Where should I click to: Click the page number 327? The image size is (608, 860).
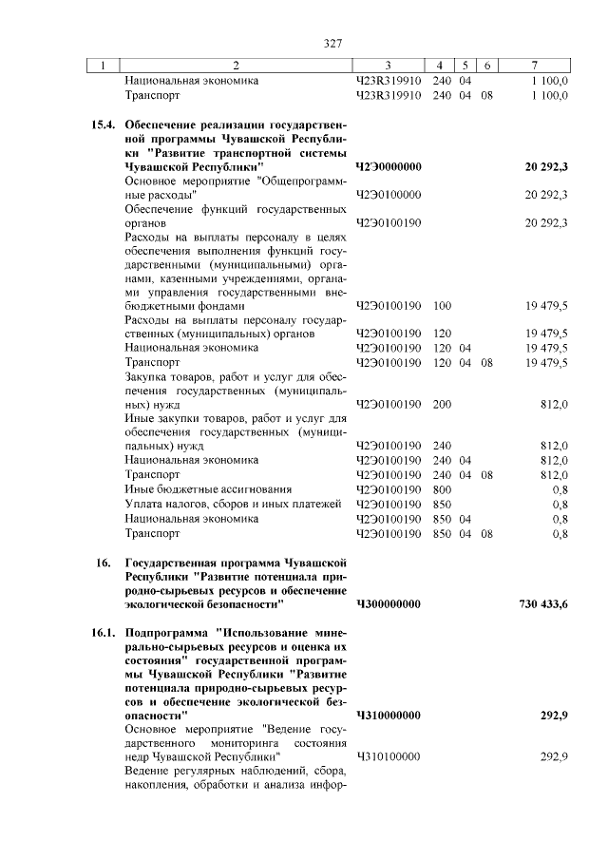[x=332, y=43]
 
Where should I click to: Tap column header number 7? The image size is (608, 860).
[x=535, y=66]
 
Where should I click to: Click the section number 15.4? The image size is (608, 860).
[x=104, y=124]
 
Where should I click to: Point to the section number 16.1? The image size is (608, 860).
[x=104, y=632]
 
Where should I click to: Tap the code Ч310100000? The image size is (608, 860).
[x=388, y=756]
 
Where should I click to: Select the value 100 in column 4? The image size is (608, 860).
[x=442, y=306]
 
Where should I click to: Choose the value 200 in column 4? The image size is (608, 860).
[x=442, y=404]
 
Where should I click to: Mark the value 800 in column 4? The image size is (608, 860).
[x=442, y=489]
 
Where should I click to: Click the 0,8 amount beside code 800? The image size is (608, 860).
[x=560, y=489]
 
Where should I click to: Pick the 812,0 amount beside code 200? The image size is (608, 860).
[x=553, y=404]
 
